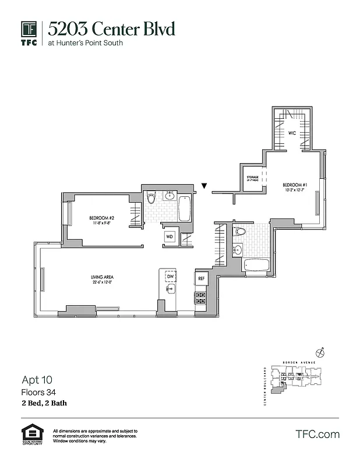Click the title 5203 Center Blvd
coord(111,29)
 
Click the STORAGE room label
coord(252,178)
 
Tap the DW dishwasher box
coord(170,276)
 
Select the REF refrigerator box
coord(201,279)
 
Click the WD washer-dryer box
coord(170,237)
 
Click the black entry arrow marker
coord(204,186)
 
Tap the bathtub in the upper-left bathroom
coord(185,208)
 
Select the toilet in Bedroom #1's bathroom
coord(239,232)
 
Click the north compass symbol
coord(319,352)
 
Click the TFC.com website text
coord(317,434)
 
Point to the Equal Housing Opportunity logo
coord(33,435)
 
